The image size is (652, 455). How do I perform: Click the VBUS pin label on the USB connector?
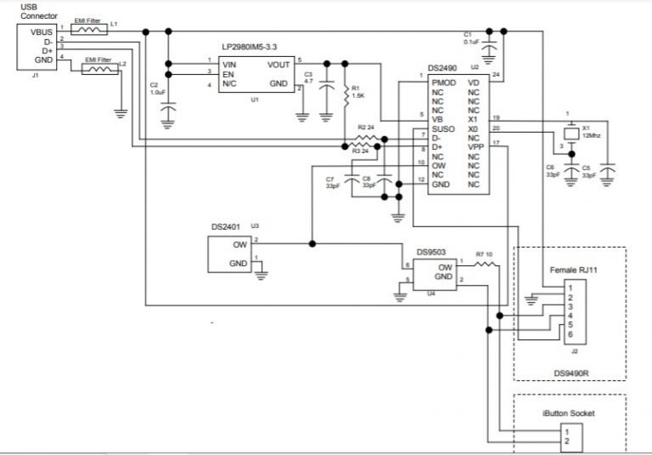coord(42,32)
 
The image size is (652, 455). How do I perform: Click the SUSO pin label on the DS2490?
coord(442,129)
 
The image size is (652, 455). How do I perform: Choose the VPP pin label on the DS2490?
coord(475,146)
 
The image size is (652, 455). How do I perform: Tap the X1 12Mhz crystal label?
coord(592,132)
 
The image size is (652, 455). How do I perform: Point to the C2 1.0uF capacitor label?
coord(157,89)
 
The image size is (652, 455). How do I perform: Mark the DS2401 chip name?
coord(227,227)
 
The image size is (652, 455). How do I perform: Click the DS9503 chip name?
coord(432,252)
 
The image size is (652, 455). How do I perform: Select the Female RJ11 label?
coord(574,270)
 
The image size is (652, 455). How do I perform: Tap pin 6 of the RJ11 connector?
coord(570,334)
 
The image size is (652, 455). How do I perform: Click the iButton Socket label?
coord(569,413)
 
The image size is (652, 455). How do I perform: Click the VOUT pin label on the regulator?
coord(278,65)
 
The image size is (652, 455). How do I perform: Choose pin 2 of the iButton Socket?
coord(566,442)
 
